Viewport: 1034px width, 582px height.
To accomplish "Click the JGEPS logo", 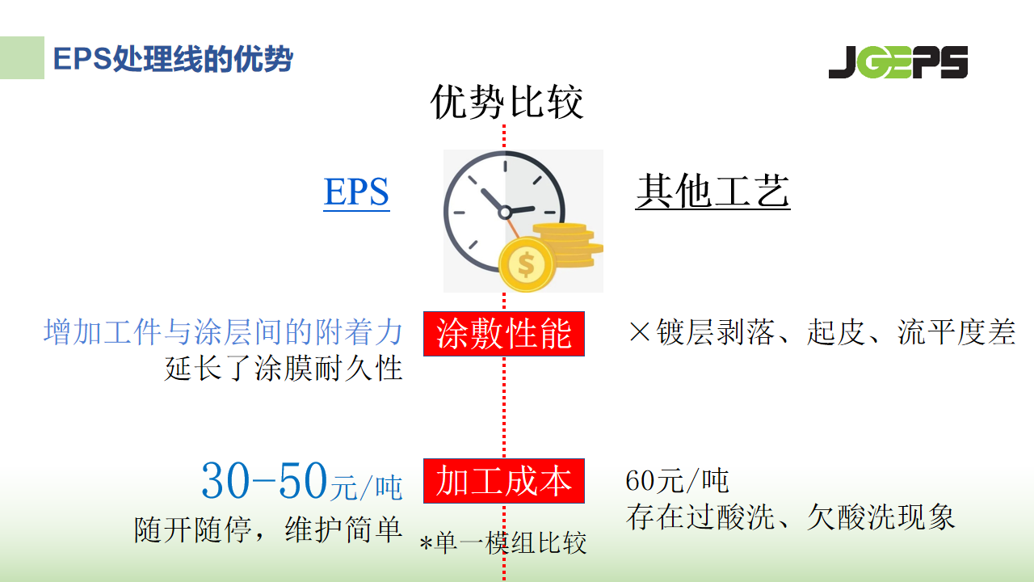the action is pyautogui.click(x=897, y=62).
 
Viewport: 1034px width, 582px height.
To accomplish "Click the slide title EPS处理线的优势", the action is pyautogui.click(x=173, y=59).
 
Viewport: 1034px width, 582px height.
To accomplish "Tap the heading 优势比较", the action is pyautogui.click(x=506, y=102).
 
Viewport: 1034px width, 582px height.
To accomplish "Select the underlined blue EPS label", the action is pyautogui.click(x=356, y=192).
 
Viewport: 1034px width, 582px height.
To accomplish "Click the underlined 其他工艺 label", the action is pyautogui.click(x=712, y=192).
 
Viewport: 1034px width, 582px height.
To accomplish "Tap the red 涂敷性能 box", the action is pyautogui.click(x=504, y=334).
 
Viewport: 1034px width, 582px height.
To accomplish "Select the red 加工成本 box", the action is pyautogui.click(x=504, y=481).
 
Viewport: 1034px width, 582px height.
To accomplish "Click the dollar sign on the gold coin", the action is pyautogui.click(x=526, y=264).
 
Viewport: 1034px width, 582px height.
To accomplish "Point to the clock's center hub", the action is pyautogui.click(x=505, y=213).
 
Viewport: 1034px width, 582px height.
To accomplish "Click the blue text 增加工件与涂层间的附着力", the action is pyautogui.click(x=223, y=331).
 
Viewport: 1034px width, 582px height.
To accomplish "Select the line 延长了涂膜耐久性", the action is pyautogui.click(x=284, y=368).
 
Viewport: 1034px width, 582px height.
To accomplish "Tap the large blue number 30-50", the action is pyautogui.click(x=264, y=480).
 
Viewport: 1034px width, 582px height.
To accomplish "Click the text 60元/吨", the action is pyautogui.click(x=677, y=480).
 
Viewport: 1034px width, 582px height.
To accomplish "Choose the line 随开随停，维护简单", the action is pyautogui.click(x=268, y=529).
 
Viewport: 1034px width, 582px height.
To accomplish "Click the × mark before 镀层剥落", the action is pyautogui.click(x=640, y=331).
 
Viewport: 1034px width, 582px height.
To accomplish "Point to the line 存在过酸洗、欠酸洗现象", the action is pyautogui.click(x=790, y=517).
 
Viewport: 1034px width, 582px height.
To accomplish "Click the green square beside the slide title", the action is pyautogui.click(x=22, y=57).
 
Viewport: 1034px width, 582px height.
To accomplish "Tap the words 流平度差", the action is pyautogui.click(x=956, y=332).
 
